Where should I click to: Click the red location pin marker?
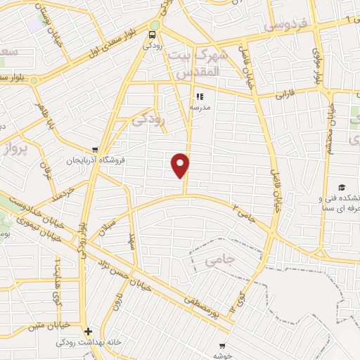tap(181, 165)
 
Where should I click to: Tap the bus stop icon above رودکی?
tap(153, 34)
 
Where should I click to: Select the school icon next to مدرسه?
tap(199, 97)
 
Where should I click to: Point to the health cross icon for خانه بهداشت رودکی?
tap(87, 332)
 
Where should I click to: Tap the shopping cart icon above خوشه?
tap(222, 345)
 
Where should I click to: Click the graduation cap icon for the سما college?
tap(341, 187)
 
